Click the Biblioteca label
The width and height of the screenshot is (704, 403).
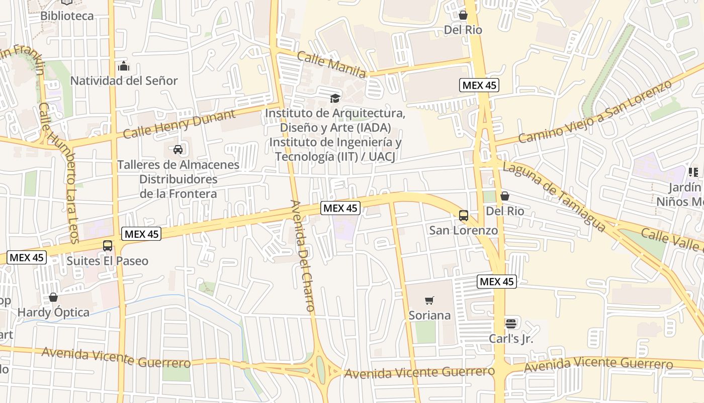pos(67,16)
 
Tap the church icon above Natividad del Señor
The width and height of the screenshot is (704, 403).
pos(123,66)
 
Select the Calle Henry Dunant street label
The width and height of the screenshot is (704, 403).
pos(179,124)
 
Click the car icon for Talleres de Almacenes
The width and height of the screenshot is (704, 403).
pos(178,149)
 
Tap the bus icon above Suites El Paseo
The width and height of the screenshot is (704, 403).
pos(108,246)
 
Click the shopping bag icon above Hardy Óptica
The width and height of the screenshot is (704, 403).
pos(53,297)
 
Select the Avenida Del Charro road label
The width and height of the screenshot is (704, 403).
pos(303,255)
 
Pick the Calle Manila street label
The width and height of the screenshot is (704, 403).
pos(331,64)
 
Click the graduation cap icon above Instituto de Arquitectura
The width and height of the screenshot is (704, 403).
pos(335,98)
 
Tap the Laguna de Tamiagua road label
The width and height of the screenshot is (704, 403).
pos(554,196)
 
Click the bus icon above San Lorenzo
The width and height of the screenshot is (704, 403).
pos(464,216)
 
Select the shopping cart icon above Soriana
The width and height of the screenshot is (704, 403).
pos(429,301)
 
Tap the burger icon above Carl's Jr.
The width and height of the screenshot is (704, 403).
pos(511,323)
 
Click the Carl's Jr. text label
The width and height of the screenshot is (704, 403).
pos(511,339)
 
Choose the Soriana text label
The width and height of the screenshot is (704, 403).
pos(429,315)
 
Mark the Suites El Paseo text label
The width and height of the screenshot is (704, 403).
pos(108,261)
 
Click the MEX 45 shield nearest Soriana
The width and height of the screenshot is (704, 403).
pos(496,282)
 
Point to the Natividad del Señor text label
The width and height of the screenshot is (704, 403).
pos(124,81)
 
